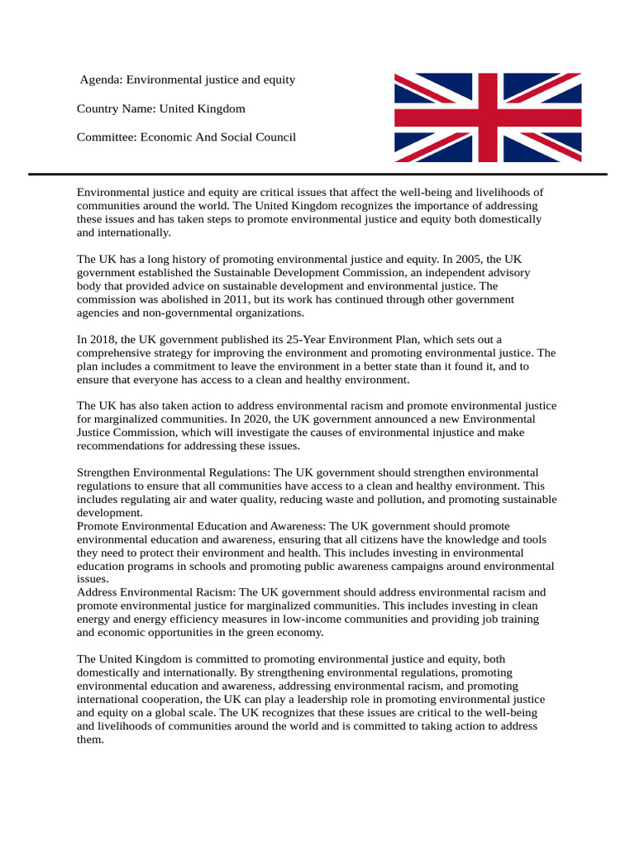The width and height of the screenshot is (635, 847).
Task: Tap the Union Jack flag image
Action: click(487, 117)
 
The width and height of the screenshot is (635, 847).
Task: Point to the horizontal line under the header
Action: click(317, 175)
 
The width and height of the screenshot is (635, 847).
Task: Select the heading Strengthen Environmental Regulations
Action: click(173, 472)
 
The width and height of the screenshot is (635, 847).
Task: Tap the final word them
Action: click(90, 739)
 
